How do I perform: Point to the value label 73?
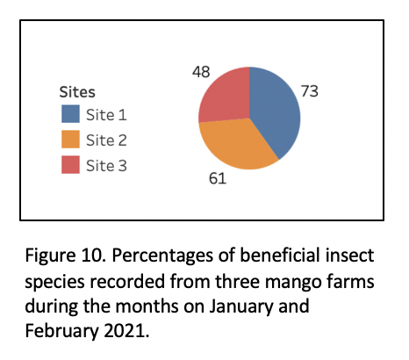click(x=310, y=91)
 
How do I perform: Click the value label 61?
click(x=218, y=178)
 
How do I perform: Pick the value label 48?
click(x=201, y=72)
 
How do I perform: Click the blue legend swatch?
click(x=70, y=114)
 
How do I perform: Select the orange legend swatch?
click(x=70, y=140)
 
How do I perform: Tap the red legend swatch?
click(x=70, y=165)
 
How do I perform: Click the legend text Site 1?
click(x=106, y=115)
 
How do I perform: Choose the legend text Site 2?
click(x=106, y=140)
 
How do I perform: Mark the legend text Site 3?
click(x=106, y=166)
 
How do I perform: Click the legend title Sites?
click(x=77, y=92)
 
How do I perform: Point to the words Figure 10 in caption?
click(x=65, y=256)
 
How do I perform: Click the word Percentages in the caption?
click(x=162, y=256)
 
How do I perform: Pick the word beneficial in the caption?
click(x=280, y=255)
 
